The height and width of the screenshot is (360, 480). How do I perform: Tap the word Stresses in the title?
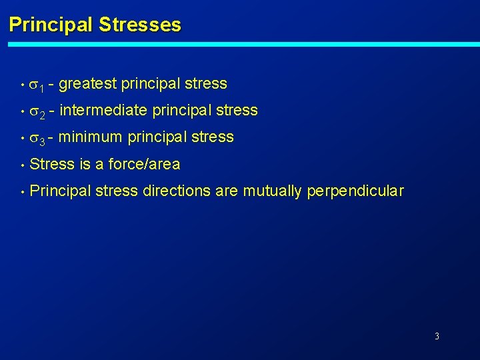pyautogui.click(x=139, y=25)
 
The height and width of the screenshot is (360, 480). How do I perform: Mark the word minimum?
pyautogui.click(x=90, y=137)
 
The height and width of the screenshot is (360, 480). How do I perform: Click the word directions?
pyautogui.click(x=175, y=191)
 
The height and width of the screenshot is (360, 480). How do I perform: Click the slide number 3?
pyautogui.click(x=437, y=336)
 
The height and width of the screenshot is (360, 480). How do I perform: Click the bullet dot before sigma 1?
pyautogui.click(x=22, y=85)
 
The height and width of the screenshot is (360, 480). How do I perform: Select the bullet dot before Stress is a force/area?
pyautogui.click(x=22, y=165)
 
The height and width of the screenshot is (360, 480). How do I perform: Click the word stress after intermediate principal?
pyautogui.click(x=237, y=111)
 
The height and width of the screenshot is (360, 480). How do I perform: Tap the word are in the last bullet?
pyautogui.click(x=227, y=191)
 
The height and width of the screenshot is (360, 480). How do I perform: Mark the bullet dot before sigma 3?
pyautogui.click(x=22, y=138)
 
